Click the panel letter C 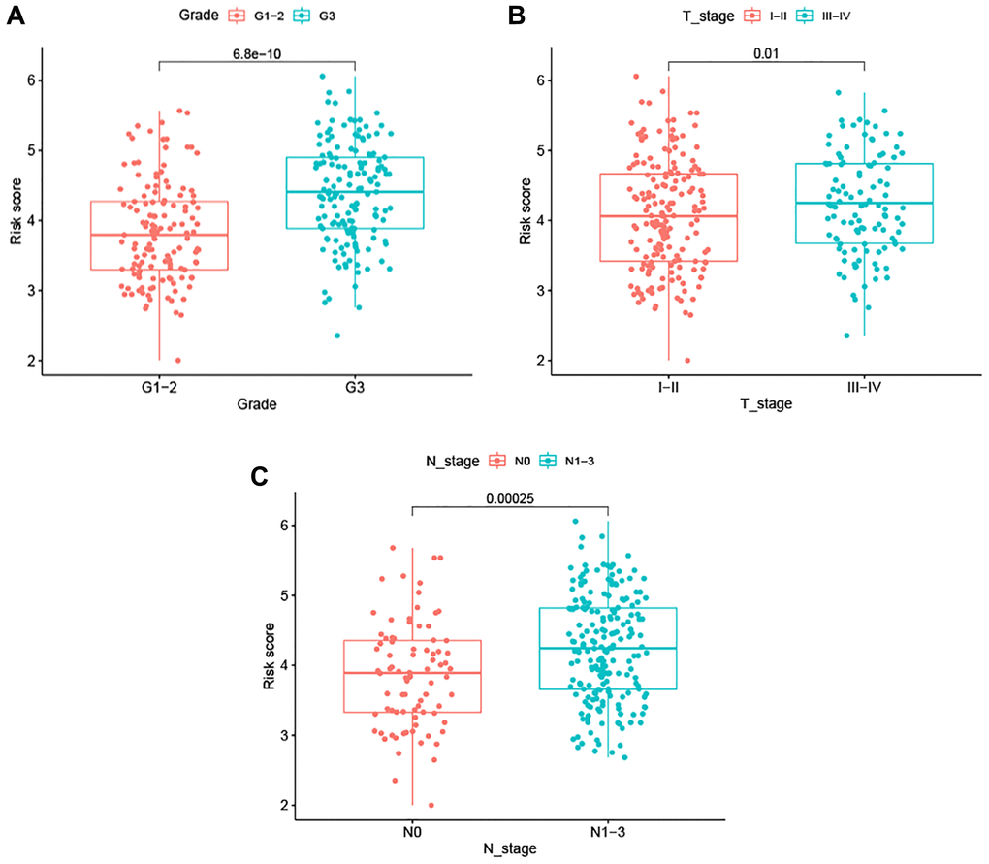click(258, 476)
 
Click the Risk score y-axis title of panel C click(270, 664)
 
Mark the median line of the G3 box click(355, 192)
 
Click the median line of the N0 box click(412, 672)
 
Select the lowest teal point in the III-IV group click(846, 336)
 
